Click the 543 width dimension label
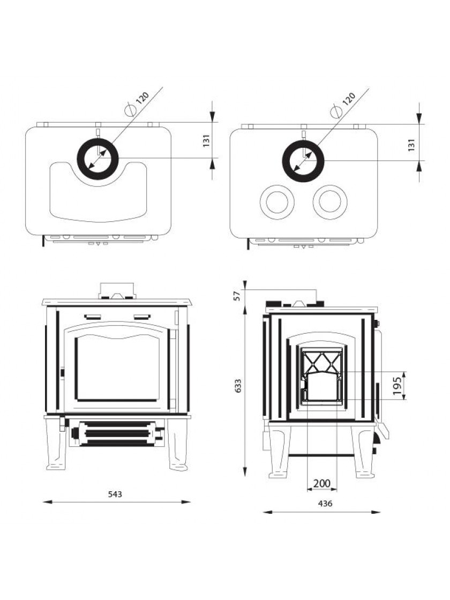tap(115, 494)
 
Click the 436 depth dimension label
tap(325, 504)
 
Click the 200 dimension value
tap(321, 483)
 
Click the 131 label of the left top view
tap(206, 141)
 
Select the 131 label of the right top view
tap(411, 144)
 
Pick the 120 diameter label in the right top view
tap(348, 99)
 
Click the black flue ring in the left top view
tap(82, 159)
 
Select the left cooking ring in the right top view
tap(276, 202)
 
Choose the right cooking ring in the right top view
tap(329, 202)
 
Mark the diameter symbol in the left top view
tap(130, 110)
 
